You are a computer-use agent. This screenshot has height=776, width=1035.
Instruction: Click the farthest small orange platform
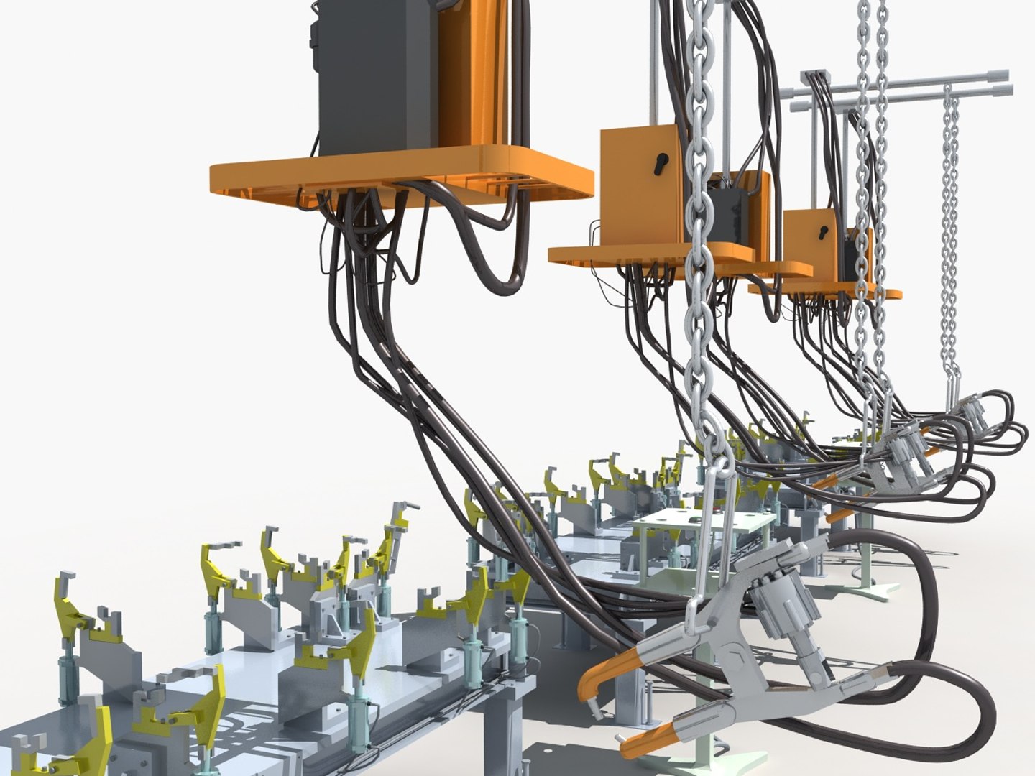coord(827,292)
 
